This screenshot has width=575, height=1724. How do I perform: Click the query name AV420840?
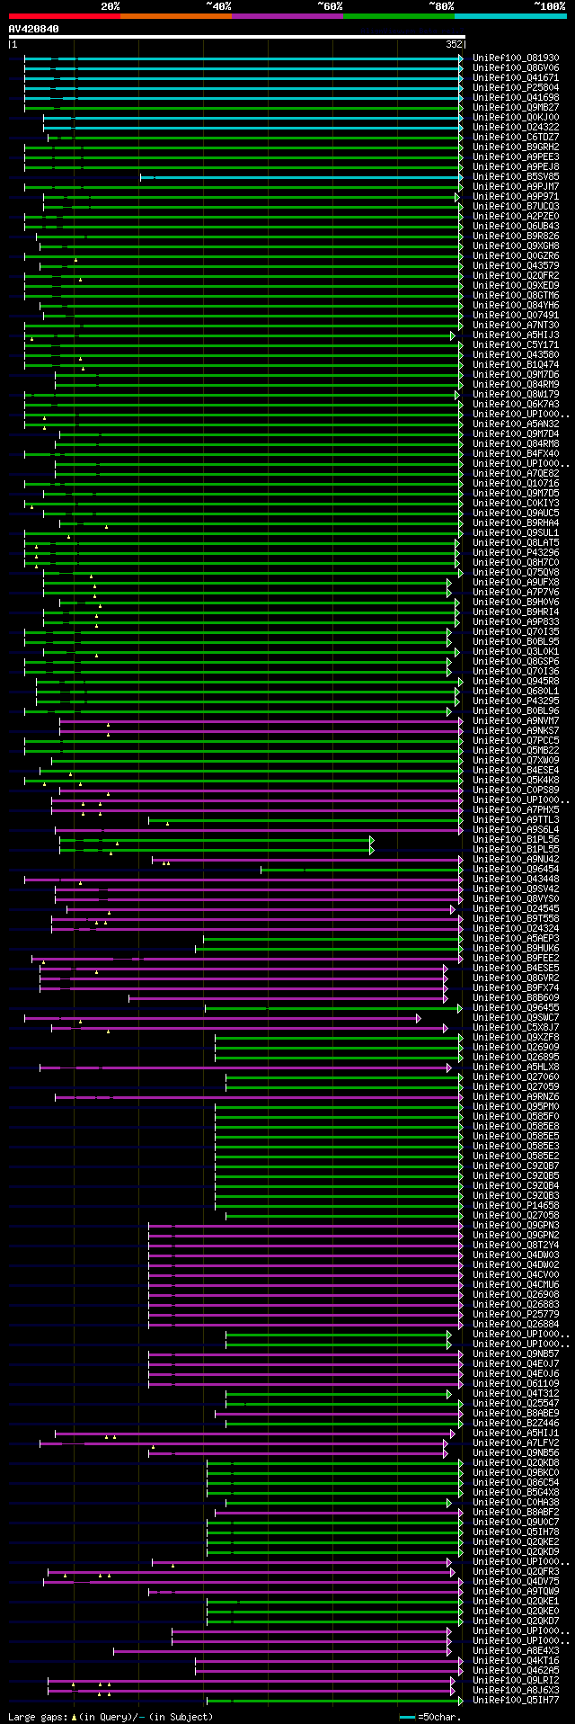point(33,29)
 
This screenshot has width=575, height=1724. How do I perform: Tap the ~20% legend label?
point(110,6)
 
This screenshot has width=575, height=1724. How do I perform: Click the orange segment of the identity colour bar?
point(175,15)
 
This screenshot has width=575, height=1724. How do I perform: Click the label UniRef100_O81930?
point(516,58)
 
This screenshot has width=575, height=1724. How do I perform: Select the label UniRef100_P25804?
point(516,87)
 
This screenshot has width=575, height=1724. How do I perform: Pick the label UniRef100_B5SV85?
point(516,176)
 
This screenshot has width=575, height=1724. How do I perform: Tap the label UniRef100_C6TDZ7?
point(516,137)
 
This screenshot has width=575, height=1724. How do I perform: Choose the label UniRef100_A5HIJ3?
point(516,335)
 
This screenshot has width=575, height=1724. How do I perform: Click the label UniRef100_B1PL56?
point(516,839)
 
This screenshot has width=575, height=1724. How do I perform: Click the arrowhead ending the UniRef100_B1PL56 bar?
point(371,840)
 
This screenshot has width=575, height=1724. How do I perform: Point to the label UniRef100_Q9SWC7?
point(516,1017)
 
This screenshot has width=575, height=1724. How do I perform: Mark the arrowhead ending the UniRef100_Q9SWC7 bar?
point(418,1018)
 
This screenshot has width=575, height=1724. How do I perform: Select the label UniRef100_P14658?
point(516,1205)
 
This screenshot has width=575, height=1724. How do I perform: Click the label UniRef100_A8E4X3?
point(516,1650)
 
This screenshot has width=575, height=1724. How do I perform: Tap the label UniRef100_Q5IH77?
point(516,1700)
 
